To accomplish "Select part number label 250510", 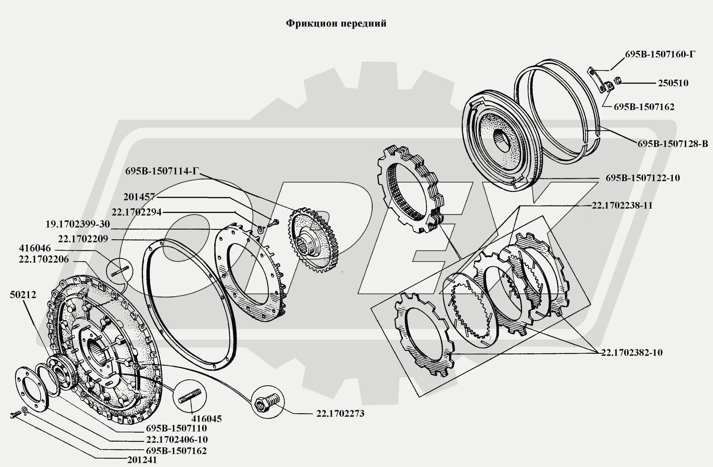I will pos(673,83).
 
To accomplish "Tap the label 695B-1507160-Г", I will pos(660,54).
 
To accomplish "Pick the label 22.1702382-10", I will pos(632,352).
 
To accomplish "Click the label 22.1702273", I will pos(340,413).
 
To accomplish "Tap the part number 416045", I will pos(206,419).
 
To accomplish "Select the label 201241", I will pos(142,460).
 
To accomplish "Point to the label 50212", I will pos(23,295).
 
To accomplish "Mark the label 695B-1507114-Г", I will pos(162,171).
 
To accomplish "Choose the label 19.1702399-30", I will pos(78,224).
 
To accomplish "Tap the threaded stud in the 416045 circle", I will pos(190,396).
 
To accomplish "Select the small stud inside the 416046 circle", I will pos(120,271).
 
